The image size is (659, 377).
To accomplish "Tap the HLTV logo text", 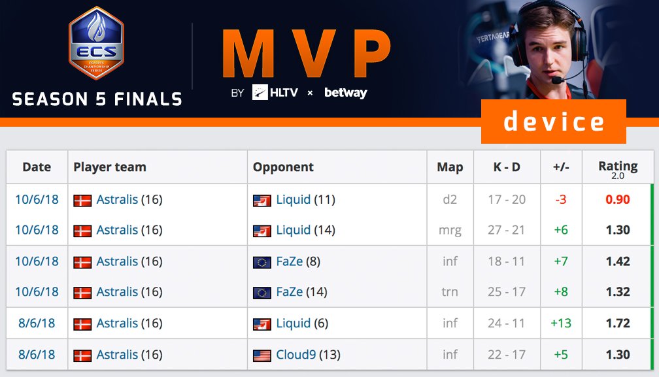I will tap(283, 93).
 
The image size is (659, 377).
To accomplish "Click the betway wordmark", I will tap(345, 93).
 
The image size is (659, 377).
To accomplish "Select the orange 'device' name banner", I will tap(553, 122).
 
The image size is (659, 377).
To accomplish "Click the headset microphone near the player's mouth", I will tap(557, 80).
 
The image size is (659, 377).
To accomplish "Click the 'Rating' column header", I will tap(618, 167).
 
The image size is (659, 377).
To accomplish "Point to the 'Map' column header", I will tap(450, 167).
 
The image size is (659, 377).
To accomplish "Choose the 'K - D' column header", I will tap(507, 167).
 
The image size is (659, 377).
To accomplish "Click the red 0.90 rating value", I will tap(618, 199).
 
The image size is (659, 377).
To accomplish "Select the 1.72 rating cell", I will tap(618, 323).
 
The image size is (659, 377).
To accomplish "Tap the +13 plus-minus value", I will tap(561, 323).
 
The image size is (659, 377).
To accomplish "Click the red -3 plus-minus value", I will tap(561, 199).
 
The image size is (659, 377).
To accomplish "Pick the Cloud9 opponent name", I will tap(296, 355).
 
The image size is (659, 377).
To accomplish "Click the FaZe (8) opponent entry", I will tap(297, 261).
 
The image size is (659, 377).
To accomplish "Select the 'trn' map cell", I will tap(450, 292).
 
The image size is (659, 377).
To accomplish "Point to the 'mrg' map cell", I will tap(450, 230).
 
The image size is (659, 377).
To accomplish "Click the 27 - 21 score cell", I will tap(507, 230).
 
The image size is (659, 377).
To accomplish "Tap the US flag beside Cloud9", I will tap(262, 355).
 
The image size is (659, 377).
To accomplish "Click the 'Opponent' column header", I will tap(283, 167).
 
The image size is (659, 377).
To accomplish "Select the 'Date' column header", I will tap(37, 167).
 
